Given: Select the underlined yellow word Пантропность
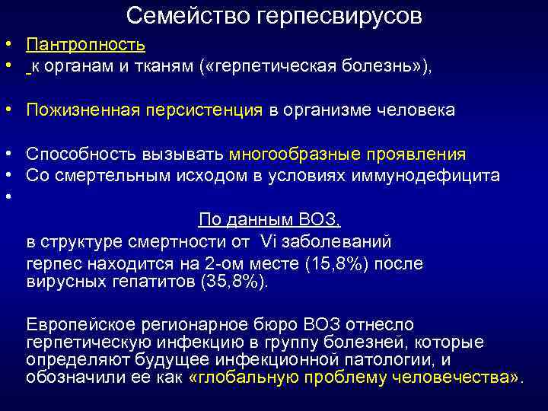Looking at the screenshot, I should [85, 46].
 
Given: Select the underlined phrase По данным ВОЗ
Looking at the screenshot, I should [269, 220].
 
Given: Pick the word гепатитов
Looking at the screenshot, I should [159, 282].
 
